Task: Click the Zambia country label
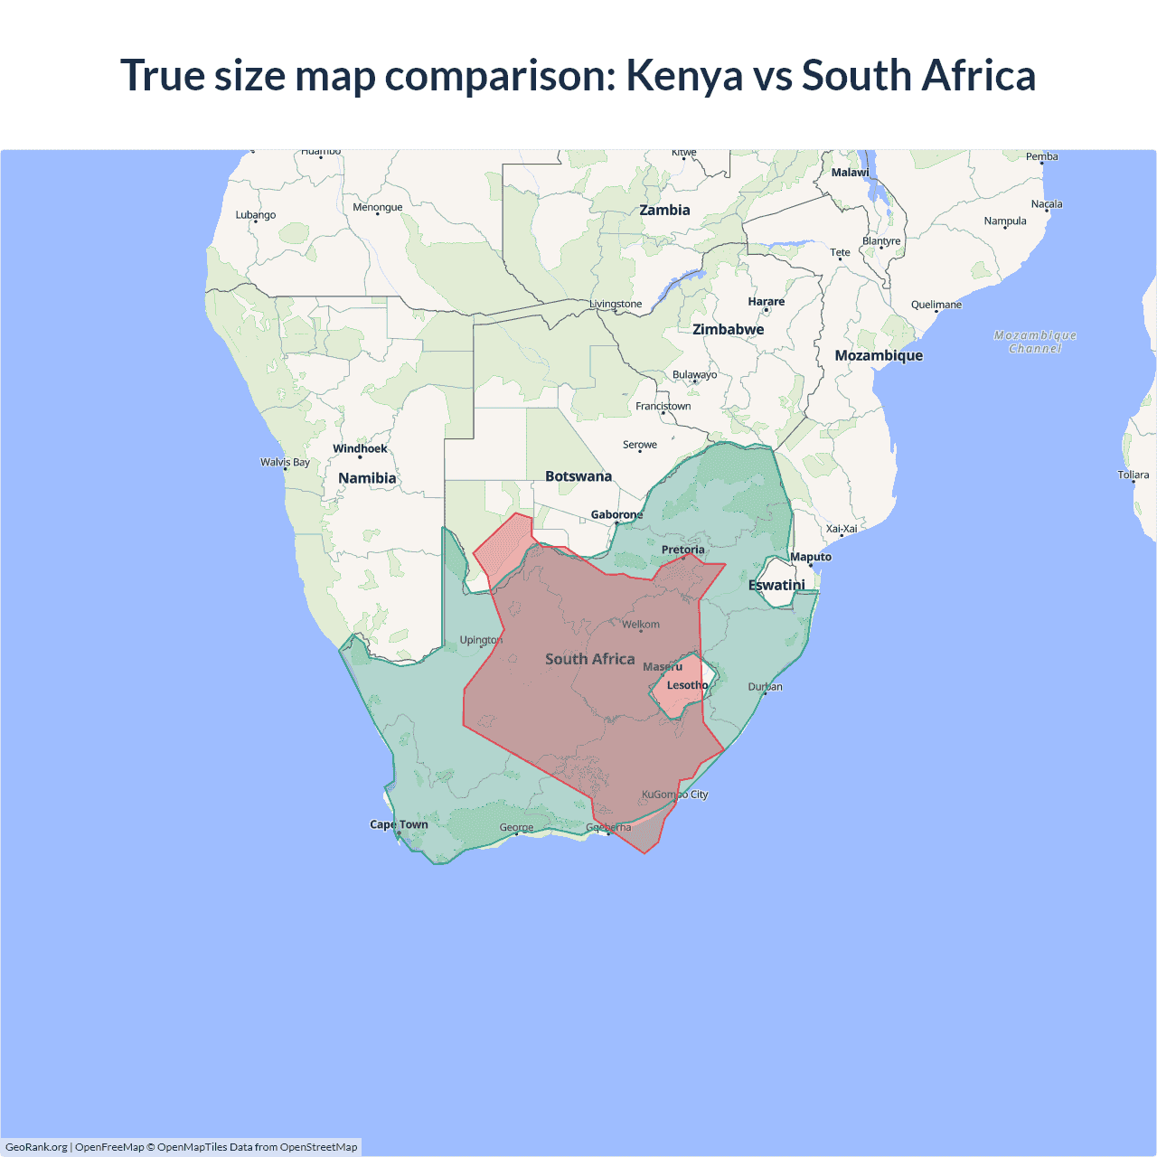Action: pyautogui.click(x=664, y=211)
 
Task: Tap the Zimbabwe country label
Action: pyautogui.click(x=728, y=330)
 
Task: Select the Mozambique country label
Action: pyautogui.click(x=879, y=356)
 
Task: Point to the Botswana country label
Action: pyautogui.click(x=578, y=476)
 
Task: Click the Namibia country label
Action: pyautogui.click(x=367, y=478)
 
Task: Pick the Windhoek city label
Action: pyautogui.click(x=360, y=448)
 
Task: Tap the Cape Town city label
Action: pyautogui.click(x=399, y=824)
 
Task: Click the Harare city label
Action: pyautogui.click(x=767, y=302)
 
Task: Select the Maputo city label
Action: pyautogui.click(x=811, y=557)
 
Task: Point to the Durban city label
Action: pyautogui.click(x=766, y=687)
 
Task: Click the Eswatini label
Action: pyautogui.click(x=776, y=586)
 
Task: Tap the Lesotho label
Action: pyautogui.click(x=687, y=685)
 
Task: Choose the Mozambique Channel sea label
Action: pyautogui.click(x=1035, y=342)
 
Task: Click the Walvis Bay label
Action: pyautogui.click(x=285, y=462)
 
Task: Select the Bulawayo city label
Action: pyautogui.click(x=694, y=375)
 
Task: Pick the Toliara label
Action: pyautogui.click(x=1133, y=475)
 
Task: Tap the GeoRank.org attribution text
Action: pyautogui.click(x=36, y=1147)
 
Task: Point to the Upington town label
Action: pyautogui.click(x=481, y=640)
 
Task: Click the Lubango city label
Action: pyautogui.click(x=256, y=215)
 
